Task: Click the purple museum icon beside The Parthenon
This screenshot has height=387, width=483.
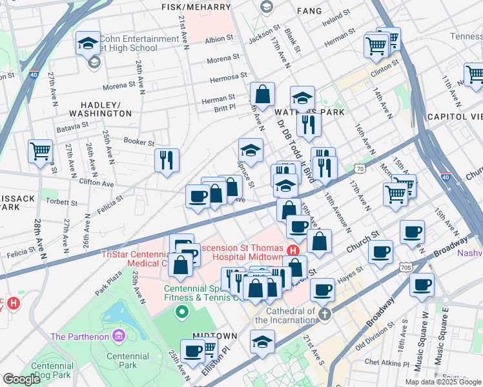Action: [x=118, y=336]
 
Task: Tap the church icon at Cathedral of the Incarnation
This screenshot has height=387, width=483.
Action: [x=325, y=313]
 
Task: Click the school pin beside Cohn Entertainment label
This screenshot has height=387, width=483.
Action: [x=88, y=43]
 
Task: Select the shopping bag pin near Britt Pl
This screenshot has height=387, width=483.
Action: [x=263, y=94]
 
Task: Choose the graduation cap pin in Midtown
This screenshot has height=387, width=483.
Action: [x=262, y=342]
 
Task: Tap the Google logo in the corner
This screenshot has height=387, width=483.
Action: [x=21, y=379]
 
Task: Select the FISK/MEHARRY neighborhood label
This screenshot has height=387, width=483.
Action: [x=196, y=6]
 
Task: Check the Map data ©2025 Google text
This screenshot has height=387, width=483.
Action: [x=443, y=382]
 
